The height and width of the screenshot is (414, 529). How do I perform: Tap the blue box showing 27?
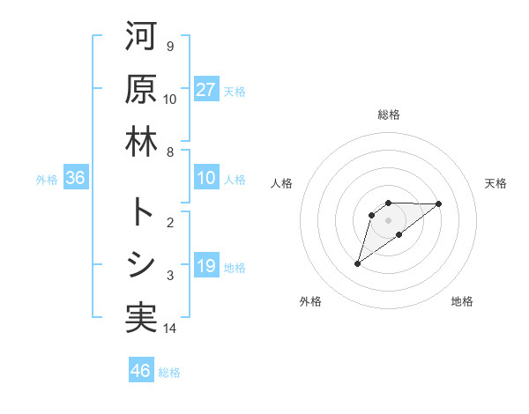tap(206, 90)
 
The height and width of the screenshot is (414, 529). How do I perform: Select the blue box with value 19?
tap(206, 266)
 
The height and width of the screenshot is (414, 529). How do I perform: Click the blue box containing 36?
tap(76, 178)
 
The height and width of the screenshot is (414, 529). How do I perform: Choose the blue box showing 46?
tap(141, 370)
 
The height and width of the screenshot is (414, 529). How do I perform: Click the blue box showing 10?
tap(206, 178)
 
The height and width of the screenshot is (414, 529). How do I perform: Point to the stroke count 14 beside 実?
tap(170, 329)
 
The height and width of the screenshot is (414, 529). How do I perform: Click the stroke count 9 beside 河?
tap(169, 46)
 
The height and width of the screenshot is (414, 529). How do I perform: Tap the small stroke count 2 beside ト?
tap(169, 222)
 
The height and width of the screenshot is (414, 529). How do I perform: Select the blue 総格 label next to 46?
tap(169, 373)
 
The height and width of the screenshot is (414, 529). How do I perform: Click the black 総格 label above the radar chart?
tap(388, 115)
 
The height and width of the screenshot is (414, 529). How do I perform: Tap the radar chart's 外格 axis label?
tap(310, 301)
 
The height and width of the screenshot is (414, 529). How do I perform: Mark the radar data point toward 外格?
tap(358, 262)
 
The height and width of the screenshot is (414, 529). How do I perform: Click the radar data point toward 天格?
tap(439, 203)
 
